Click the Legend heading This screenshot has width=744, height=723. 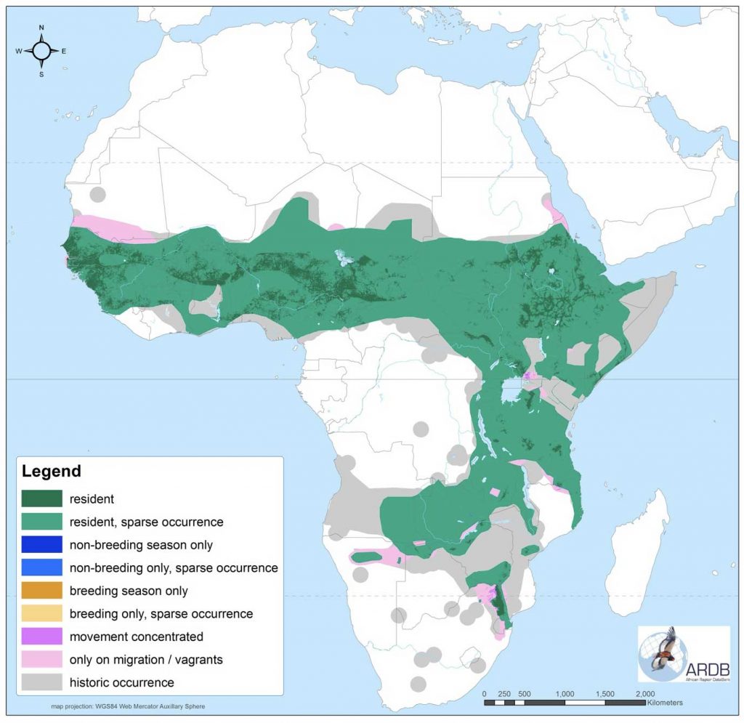click(52, 471)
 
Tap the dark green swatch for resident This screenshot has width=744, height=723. click(42, 498)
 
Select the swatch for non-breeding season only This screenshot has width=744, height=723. click(42, 544)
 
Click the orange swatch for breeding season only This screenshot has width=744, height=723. click(42, 591)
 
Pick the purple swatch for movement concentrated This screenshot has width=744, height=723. click(42, 637)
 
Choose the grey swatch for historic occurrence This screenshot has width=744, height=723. click(42, 682)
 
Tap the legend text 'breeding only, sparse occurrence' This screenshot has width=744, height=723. click(161, 614)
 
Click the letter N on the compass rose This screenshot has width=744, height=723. click(41, 28)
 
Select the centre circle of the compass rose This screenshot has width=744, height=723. click(41, 50)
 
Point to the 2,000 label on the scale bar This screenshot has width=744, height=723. click(645, 693)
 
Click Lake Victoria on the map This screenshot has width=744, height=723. click(514, 395)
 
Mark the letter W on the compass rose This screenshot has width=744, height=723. click(19, 51)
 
